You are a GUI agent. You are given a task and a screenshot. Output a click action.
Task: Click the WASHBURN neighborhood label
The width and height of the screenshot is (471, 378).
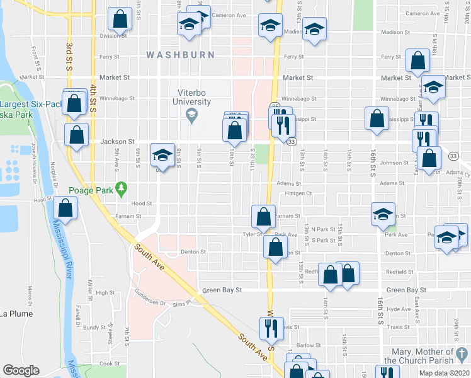(x=181, y=55)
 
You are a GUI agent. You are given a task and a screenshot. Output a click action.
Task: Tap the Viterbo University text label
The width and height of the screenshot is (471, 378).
(x=193, y=97)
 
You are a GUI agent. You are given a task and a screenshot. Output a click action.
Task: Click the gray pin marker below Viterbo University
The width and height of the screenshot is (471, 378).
(x=191, y=115)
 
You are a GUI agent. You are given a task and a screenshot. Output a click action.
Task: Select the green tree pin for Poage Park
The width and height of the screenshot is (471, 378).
(x=122, y=187)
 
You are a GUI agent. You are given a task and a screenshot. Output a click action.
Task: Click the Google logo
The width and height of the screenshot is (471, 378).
(x=21, y=370)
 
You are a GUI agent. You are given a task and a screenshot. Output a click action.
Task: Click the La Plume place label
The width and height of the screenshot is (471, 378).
(x=16, y=313)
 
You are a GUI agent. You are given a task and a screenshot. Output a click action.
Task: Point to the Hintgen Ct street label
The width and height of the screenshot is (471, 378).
(x=298, y=193)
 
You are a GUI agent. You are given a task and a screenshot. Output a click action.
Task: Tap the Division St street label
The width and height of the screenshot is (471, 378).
(x=113, y=36)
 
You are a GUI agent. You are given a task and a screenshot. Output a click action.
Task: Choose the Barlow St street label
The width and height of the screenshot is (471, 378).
(x=309, y=345)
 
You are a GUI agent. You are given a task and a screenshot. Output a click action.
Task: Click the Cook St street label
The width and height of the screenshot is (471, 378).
(x=109, y=364)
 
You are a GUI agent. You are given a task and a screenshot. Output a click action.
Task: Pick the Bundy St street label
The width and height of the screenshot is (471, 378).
(x=94, y=328)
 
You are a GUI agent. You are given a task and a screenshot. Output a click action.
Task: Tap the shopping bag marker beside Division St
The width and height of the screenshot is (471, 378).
(x=120, y=20)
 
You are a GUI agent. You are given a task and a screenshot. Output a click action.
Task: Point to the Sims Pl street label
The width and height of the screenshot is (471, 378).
(x=181, y=303)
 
